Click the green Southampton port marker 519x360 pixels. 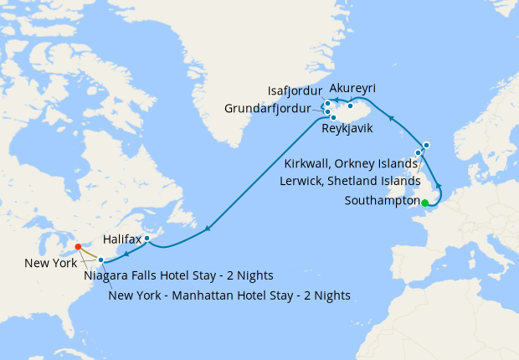pos(424,203)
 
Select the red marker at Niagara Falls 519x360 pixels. pos(77,247)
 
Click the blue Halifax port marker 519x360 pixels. pos(146,239)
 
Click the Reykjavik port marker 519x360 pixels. pos(333,117)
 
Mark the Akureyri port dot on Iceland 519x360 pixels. pos(351,105)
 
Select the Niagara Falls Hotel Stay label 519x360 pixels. pos(178,275)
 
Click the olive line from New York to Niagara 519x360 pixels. pos(89,254)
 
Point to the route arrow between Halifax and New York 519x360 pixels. pos(125,253)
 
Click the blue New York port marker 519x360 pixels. pos(100,260)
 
